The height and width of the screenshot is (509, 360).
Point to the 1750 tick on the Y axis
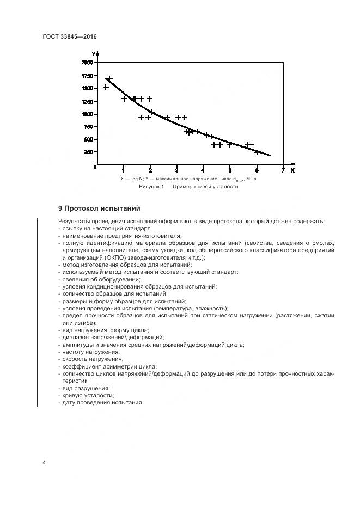point(86,76)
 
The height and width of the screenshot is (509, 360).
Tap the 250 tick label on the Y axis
point(88,152)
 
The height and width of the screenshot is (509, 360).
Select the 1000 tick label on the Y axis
point(86,114)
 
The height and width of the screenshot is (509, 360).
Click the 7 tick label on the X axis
point(283,170)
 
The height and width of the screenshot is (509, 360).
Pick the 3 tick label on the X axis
point(176,170)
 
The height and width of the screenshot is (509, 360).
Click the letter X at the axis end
point(292,170)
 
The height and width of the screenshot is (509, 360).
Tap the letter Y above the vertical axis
point(93,54)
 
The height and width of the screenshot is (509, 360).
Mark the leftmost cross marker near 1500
point(106,87)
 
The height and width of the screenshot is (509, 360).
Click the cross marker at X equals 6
point(257,152)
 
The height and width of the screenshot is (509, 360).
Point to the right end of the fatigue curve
point(270,155)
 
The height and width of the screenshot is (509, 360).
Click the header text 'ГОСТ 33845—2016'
point(69,36)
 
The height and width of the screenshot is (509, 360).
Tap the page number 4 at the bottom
point(45,462)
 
